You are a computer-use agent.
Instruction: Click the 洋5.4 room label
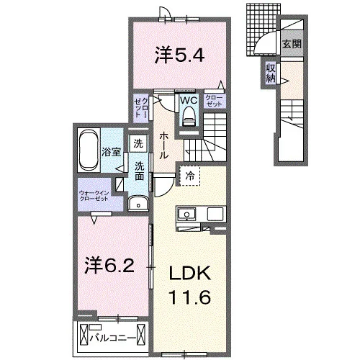click(x=179, y=55)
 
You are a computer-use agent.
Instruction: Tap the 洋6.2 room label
click(x=109, y=266)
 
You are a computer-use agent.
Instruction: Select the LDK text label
click(x=190, y=273)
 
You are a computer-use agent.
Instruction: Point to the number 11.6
click(x=190, y=297)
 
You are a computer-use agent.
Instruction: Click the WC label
click(x=189, y=100)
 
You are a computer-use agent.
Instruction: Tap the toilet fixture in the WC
click(x=189, y=117)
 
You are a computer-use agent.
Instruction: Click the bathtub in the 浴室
click(x=89, y=150)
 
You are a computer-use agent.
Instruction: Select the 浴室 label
click(x=111, y=152)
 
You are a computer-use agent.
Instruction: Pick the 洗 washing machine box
click(x=138, y=143)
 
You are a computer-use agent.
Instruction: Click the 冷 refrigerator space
click(x=190, y=176)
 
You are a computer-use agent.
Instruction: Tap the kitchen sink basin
click(x=186, y=214)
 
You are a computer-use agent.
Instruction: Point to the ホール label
click(x=163, y=145)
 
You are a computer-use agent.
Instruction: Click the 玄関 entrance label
click(x=292, y=44)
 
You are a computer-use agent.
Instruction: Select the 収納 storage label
click(x=271, y=73)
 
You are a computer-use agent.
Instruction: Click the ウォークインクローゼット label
click(x=94, y=196)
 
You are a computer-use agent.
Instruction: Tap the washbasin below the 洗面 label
click(x=138, y=204)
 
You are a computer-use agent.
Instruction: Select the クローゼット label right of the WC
click(x=214, y=101)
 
